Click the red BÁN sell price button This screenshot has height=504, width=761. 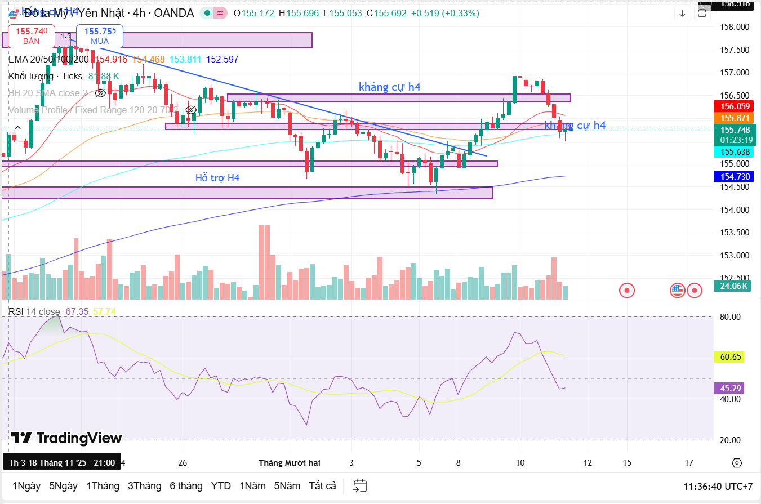[x=32, y=35]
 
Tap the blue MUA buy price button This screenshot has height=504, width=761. [x=100, y=35]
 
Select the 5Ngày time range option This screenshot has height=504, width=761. [x=63, y=485]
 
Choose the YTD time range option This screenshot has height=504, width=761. [x=221, y=485]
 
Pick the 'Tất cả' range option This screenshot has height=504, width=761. [x=322, y=485]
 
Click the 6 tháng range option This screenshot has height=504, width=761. [x=186, y=485]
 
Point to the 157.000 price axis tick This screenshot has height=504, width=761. [x=735, y=73]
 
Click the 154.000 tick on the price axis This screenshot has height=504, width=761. [x=735, y=210]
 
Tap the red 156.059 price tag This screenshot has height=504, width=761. [x=735, y=106]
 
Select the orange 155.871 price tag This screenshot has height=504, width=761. [x=735, y=118]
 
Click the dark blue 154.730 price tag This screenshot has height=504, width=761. [x=735, y=177]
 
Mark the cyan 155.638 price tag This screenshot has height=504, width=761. [x=735, y=151]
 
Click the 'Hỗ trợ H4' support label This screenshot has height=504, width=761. [x=217, y=178]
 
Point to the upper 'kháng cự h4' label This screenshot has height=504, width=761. [x=389, y=87]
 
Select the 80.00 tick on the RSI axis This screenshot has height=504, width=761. [x=730, y=317]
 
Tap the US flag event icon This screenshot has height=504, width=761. [x=677, y=291]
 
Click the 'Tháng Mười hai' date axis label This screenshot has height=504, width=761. [x=289, y=463]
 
